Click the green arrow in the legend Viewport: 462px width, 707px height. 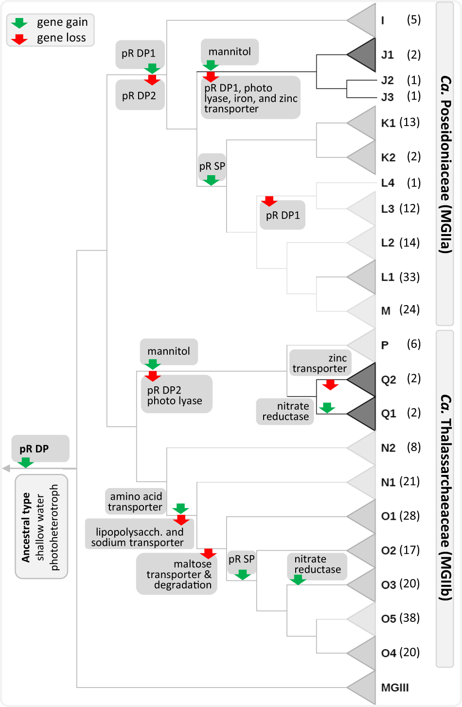coord(19,23)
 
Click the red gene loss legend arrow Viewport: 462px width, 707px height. coord(19,38)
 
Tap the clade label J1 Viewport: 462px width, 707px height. coord(388,54)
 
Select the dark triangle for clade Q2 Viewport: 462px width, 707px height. coord(364,379)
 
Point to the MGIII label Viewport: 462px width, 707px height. coord(395,688)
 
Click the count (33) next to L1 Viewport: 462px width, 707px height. coord(409,277)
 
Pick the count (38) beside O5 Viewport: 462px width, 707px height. coord(409,618)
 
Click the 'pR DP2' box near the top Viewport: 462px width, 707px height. coord(140,96)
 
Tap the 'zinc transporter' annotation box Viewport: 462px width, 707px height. coord(320,363)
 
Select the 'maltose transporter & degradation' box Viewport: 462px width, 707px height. coord(178,574)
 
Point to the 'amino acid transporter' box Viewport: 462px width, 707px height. coord(135,502)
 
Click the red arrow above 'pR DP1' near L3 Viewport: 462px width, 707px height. coord(269,200)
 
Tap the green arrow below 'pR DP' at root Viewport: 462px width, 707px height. coord(25,462)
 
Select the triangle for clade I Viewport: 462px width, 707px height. coord(364,20)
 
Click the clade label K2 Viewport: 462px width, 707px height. coord(388,157)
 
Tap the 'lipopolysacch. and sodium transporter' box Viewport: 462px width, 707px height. coord(139,537)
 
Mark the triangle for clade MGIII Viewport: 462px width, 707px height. coord(364,687)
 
